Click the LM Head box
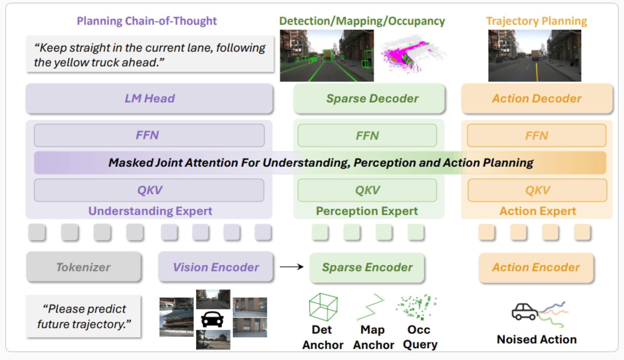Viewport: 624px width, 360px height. click(149, 98)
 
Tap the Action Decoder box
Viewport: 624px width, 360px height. click(536, 98)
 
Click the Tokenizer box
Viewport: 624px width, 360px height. click(83, 267)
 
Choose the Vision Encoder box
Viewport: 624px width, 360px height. click(215, 267)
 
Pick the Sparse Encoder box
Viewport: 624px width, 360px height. click(367, 267)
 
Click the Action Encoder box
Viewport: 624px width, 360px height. click(536, 267)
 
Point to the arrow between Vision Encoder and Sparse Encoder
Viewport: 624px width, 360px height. click(292, 267)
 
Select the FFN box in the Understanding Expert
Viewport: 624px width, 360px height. click(149, 135)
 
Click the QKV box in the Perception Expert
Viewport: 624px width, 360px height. click(367, 190)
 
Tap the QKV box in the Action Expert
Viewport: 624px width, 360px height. click(537, 190)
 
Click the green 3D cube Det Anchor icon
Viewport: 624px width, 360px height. click(323, 307)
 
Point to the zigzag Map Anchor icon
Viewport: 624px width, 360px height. click(371, 307)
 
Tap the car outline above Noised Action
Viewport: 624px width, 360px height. click(524, 311)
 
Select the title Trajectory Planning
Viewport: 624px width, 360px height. click(536, 21)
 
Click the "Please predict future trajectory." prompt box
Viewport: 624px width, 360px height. click(83, 317)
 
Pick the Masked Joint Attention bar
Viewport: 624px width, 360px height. click(320, 163)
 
